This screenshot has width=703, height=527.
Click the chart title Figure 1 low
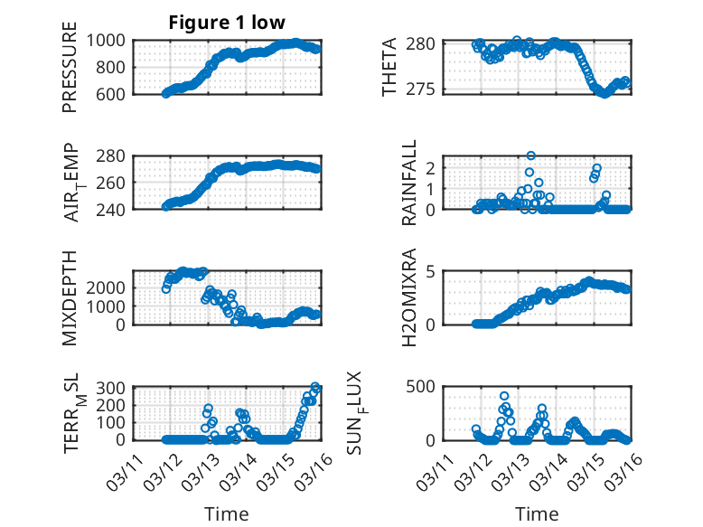(x=227, y=23)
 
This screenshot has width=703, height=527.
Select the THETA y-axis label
(x=389, y=67)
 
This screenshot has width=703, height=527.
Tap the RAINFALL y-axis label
(x=409, y=183)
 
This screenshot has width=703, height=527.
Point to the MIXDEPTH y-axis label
(x=70, y=297)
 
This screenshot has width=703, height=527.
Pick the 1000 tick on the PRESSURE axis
(x=108, y=41)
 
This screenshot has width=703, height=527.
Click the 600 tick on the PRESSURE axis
(x=115, y=93)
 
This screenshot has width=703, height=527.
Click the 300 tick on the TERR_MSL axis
(x=115, y=388)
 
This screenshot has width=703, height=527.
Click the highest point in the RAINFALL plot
(x=531, y=155)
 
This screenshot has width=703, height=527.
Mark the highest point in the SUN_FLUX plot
(x=504, y=396)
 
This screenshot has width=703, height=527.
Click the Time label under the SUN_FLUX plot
(x=537, y=514)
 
